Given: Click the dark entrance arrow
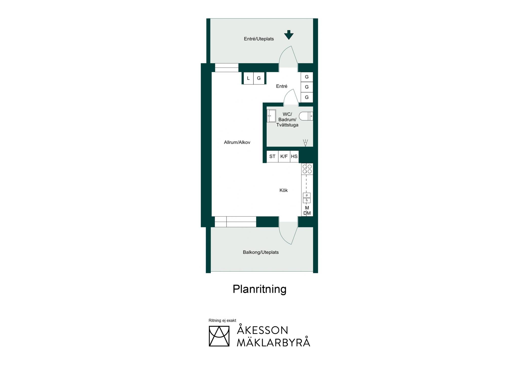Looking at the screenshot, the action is [289, 35].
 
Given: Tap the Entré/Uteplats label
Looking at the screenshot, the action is [259, 39].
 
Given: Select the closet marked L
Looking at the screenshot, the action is [248, 78].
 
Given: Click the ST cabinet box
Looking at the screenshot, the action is [272, 156].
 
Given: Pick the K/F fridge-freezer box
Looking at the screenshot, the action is [284, 156].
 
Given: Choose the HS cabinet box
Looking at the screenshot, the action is [294, 156].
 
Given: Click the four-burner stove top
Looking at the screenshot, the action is [307, 169].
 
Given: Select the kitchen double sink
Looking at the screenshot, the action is [307, 198].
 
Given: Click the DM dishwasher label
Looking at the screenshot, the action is [307, 213].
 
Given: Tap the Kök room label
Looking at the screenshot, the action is [284, 190].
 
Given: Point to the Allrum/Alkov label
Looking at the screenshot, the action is [237, 142].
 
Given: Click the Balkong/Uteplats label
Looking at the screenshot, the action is [261, 252].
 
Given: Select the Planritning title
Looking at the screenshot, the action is [259, 289].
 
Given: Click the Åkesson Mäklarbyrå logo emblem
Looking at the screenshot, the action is [219, 336].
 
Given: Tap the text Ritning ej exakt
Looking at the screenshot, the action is [222, 321].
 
